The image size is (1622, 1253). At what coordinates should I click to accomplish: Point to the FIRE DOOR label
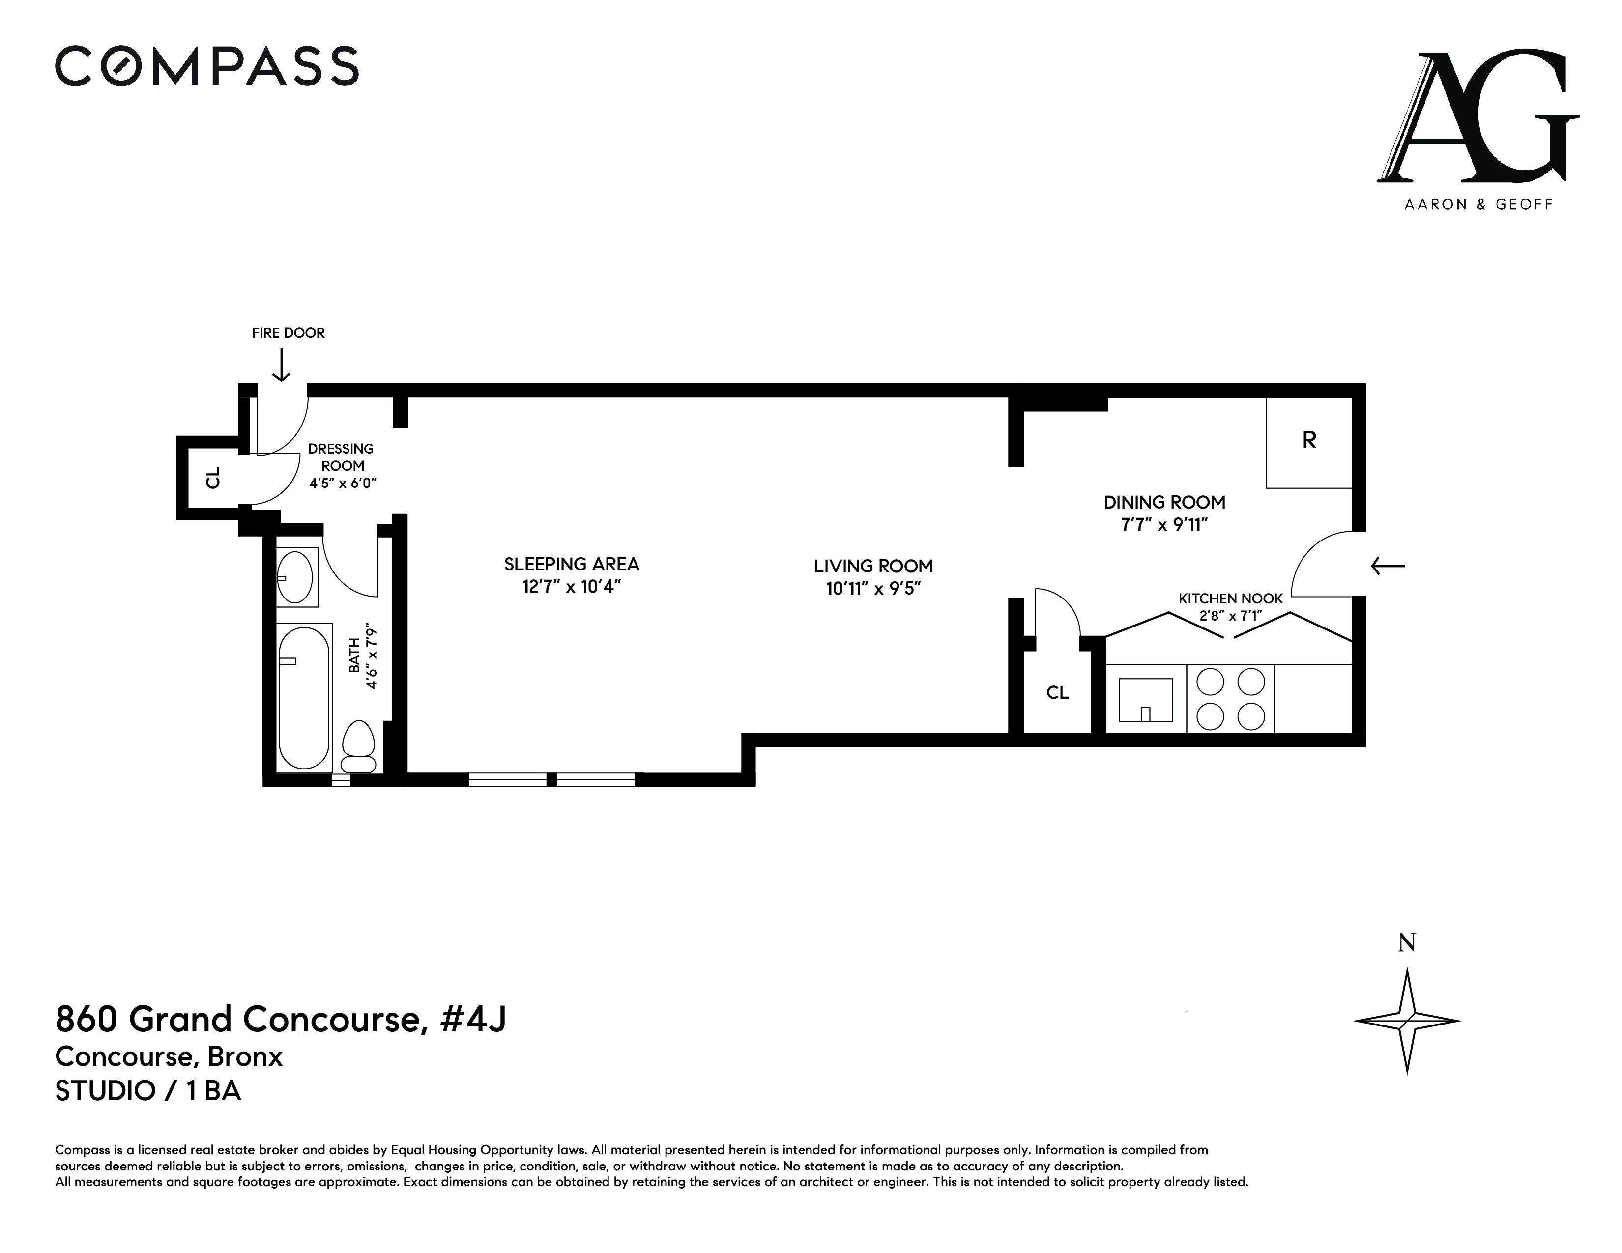coord(288,333)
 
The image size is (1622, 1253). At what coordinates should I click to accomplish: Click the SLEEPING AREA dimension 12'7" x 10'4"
coord(571,586)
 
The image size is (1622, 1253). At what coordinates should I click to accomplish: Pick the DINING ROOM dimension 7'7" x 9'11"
coord(1164,525)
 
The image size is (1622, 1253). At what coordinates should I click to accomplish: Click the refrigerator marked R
coord(1308,442)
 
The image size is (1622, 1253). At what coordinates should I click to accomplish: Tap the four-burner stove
coord(1231,699)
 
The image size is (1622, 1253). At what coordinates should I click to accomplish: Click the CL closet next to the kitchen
coord(1058,692)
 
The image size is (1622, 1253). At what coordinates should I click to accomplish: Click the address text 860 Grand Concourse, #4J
coord(281,1019)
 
